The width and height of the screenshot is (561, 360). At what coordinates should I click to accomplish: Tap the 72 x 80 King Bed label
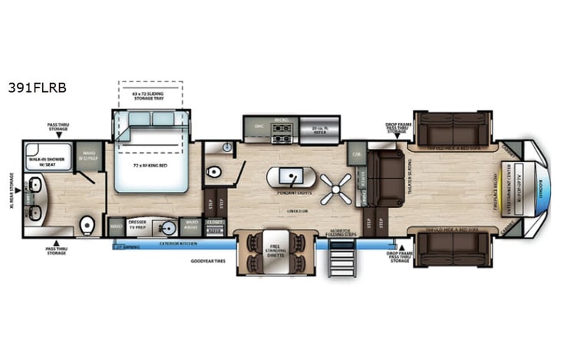[150, 166]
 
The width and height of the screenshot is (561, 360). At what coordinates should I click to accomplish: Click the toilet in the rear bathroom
[87, 226]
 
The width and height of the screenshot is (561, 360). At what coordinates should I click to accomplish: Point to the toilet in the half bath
[216, 170]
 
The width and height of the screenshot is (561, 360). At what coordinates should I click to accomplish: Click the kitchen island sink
[285, 178]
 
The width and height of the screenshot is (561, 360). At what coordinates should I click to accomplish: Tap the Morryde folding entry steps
[339, 258]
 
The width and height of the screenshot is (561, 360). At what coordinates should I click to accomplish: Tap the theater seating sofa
[387, 178]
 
